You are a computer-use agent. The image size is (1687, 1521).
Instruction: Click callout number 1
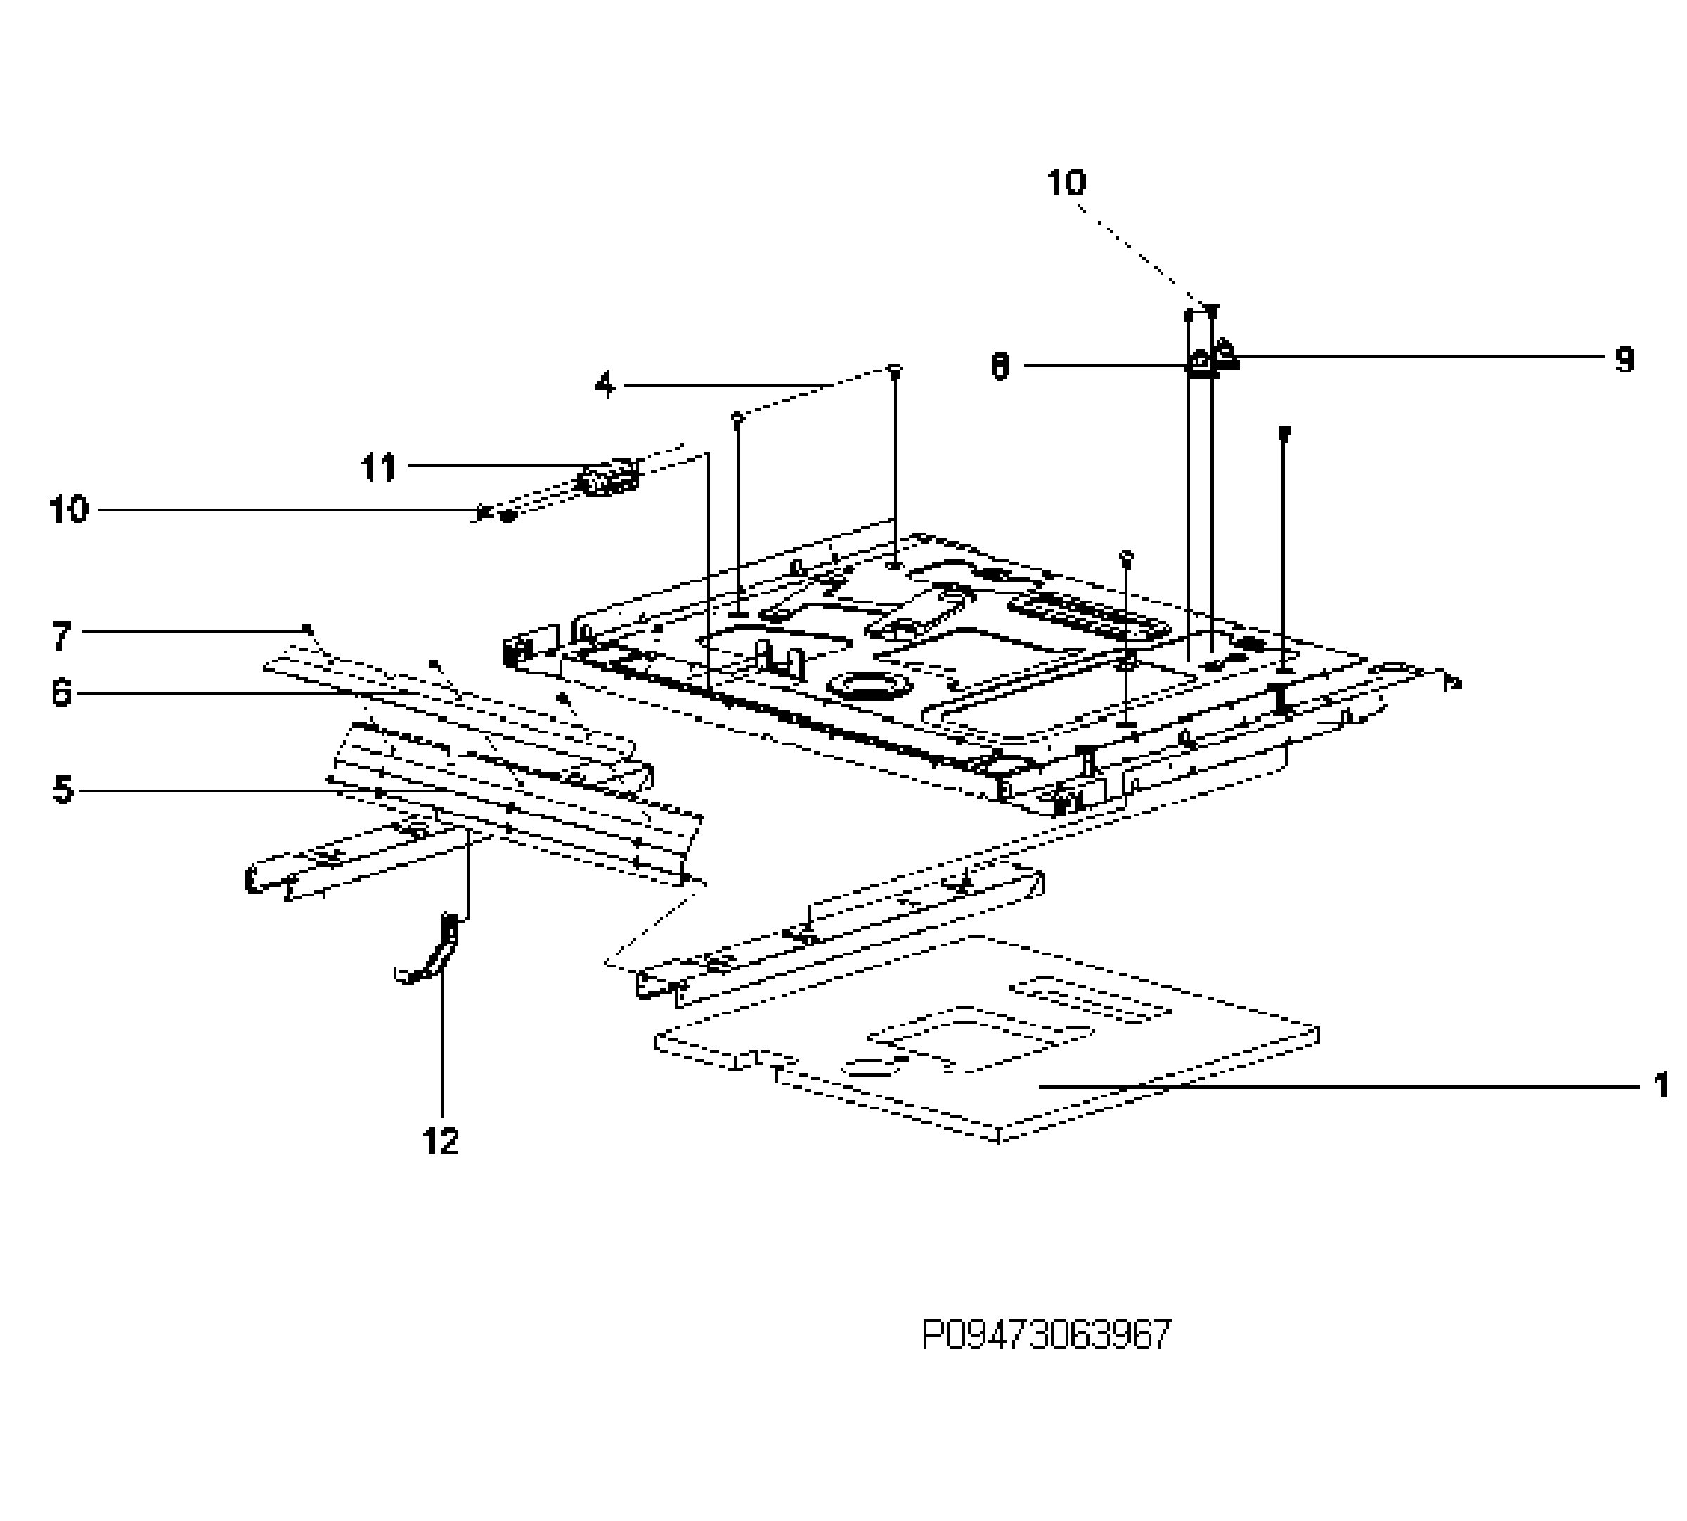(x=1660, y=1085)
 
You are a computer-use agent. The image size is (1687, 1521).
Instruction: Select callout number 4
(x=605, y=385)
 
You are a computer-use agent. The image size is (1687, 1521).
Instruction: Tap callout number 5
(x=63, y=789)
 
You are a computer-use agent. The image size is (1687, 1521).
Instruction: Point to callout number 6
(x=61, y=693)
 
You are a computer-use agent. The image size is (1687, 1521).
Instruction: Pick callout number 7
(x=61, y=636)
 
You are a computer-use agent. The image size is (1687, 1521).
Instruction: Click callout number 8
(x=1000, y=366)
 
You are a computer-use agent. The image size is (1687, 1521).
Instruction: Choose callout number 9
(x=1624, y=360)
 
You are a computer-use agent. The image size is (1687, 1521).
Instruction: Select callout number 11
(x=378, y=468)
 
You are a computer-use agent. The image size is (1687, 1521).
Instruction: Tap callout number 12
(x=441, y=1140)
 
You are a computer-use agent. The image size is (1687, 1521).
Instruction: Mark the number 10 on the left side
(x=69, y=509)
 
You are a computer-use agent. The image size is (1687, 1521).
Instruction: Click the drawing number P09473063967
(x=1046, y=1336)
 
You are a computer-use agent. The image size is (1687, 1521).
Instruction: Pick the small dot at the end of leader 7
(x=306, y=627)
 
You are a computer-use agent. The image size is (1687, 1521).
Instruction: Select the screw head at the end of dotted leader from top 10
(x=1211, y=310)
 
